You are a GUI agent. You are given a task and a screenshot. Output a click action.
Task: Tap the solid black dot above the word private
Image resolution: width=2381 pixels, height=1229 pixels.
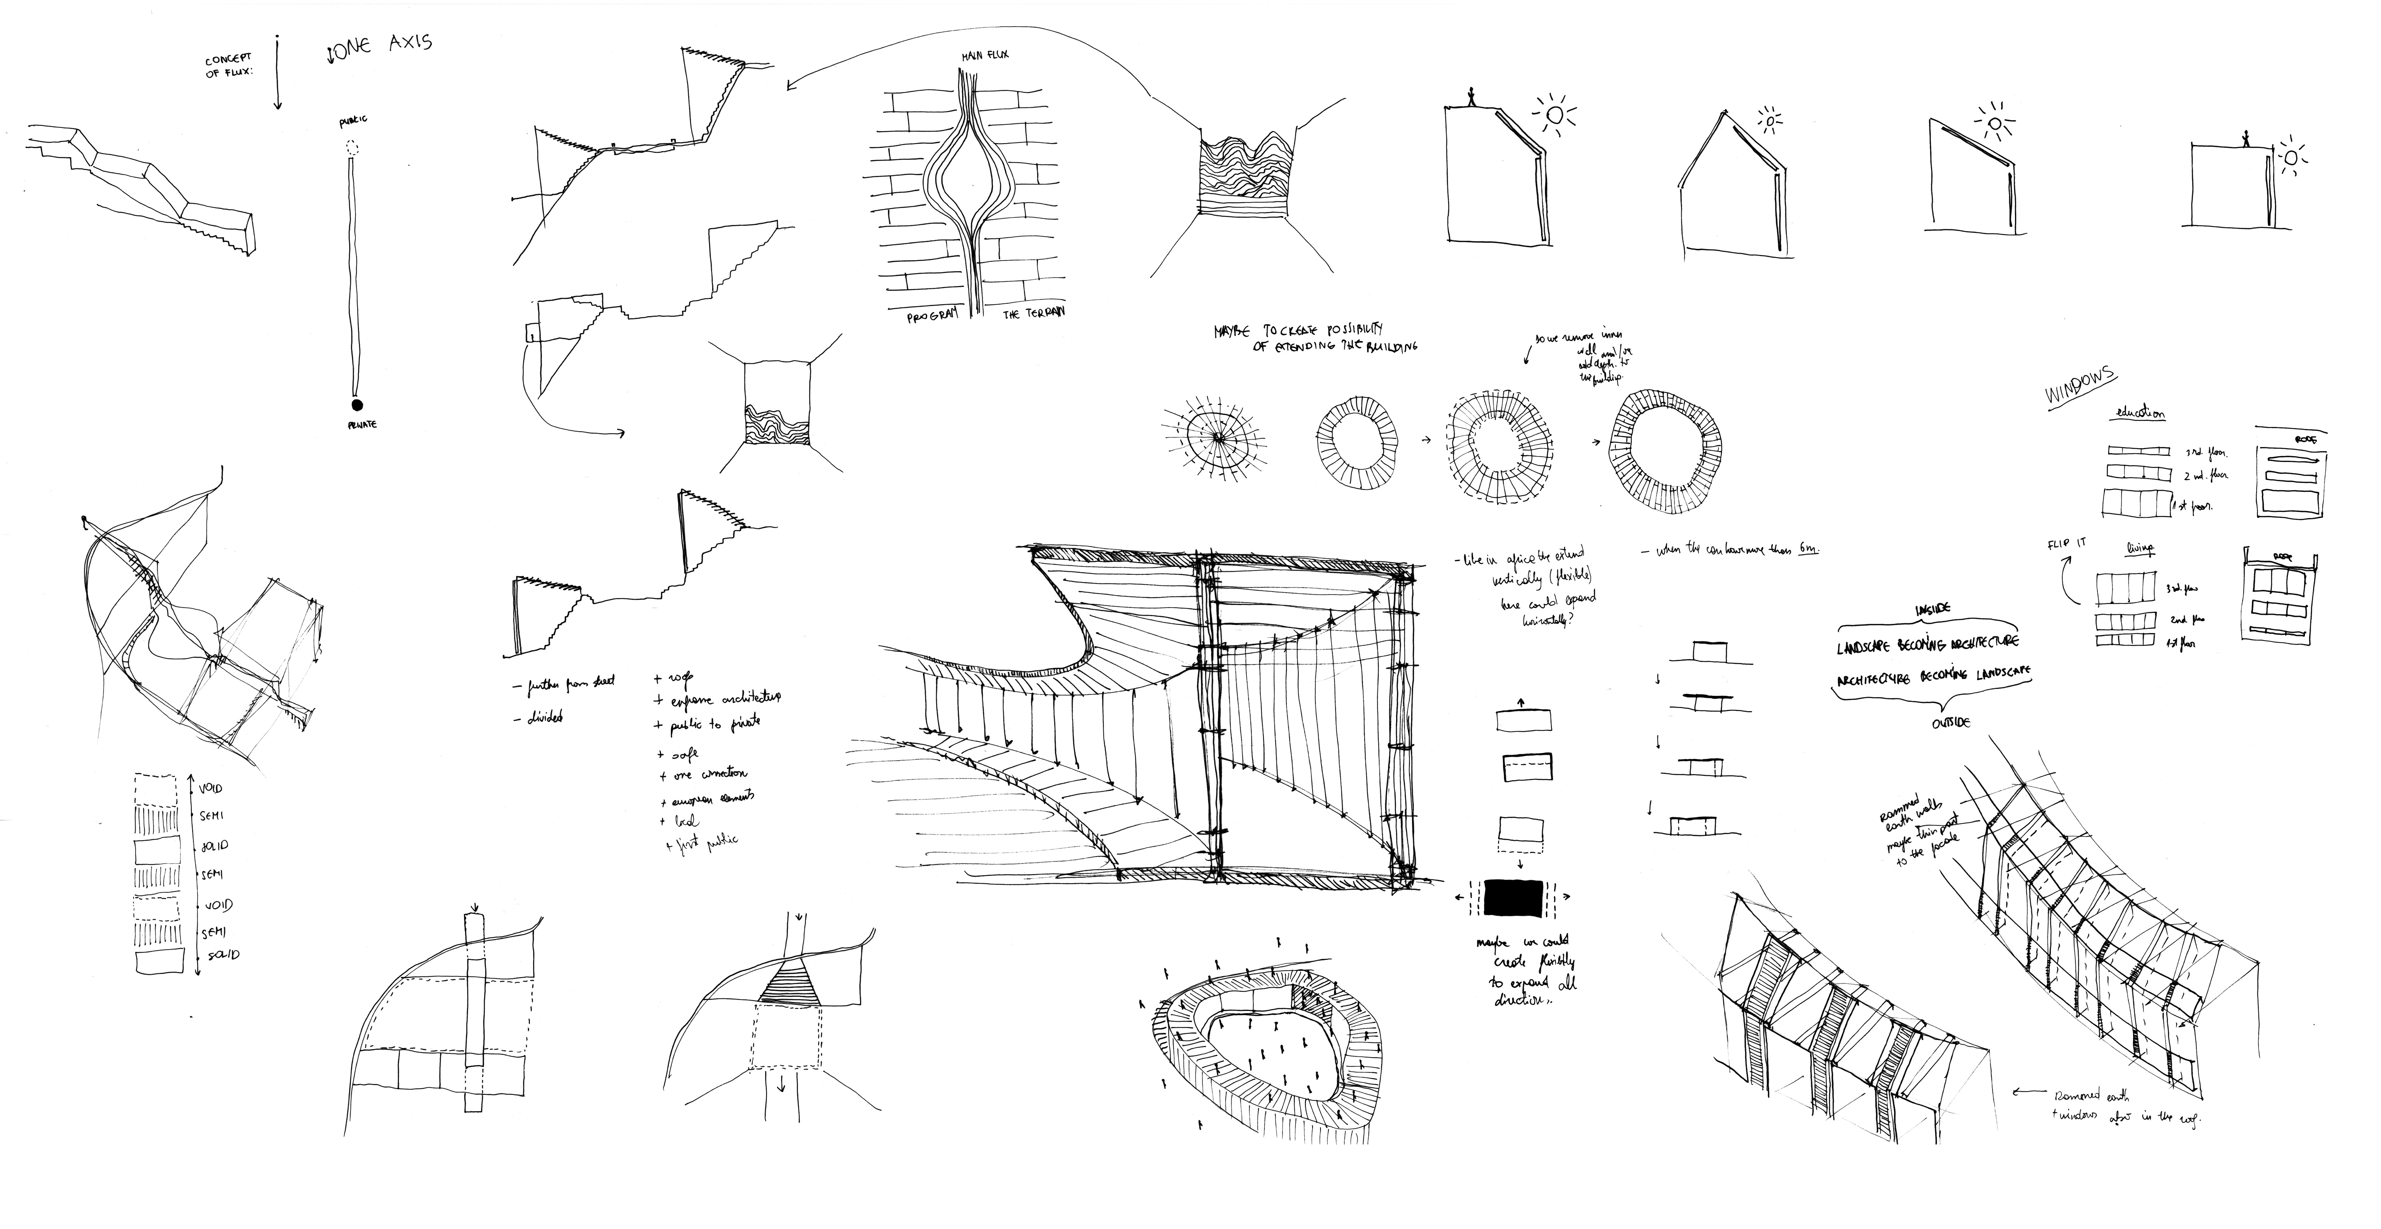[x=356, y=404]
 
